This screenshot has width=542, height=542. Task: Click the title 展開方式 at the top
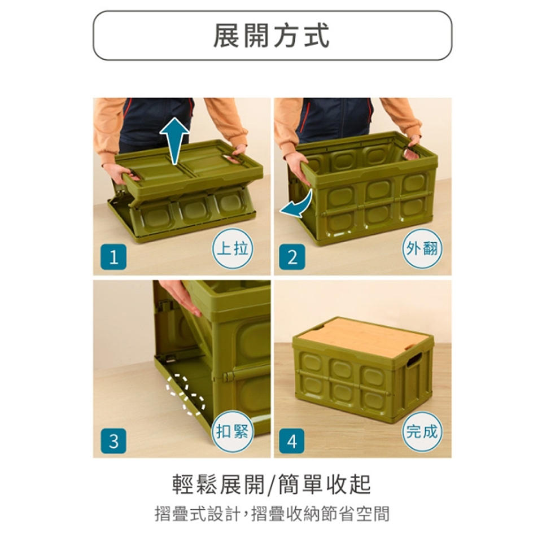272,36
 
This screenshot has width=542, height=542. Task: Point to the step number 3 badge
113,441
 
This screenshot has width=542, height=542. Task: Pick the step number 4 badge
292,441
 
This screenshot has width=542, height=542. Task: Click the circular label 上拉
232,248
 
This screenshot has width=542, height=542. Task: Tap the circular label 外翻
422,248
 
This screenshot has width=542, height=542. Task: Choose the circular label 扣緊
232,432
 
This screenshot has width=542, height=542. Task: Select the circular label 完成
422,432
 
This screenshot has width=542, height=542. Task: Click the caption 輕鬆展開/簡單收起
272,484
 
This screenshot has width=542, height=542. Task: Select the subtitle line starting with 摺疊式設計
272,513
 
